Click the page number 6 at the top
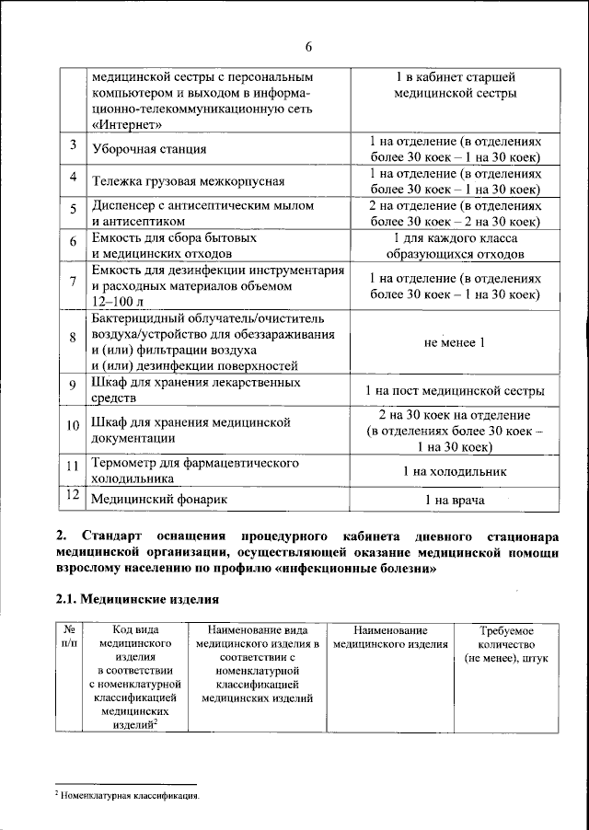(309, 47)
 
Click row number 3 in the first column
(73, 146)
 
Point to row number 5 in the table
(73, 213)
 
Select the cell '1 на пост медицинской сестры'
(454, 390)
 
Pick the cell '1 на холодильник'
(454, 470)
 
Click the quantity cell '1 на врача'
(454, 500)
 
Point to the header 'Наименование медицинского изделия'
(391, 638)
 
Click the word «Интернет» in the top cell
(130, 124)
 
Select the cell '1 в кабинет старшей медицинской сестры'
(454, 85)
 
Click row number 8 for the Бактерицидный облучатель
(73, 338)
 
